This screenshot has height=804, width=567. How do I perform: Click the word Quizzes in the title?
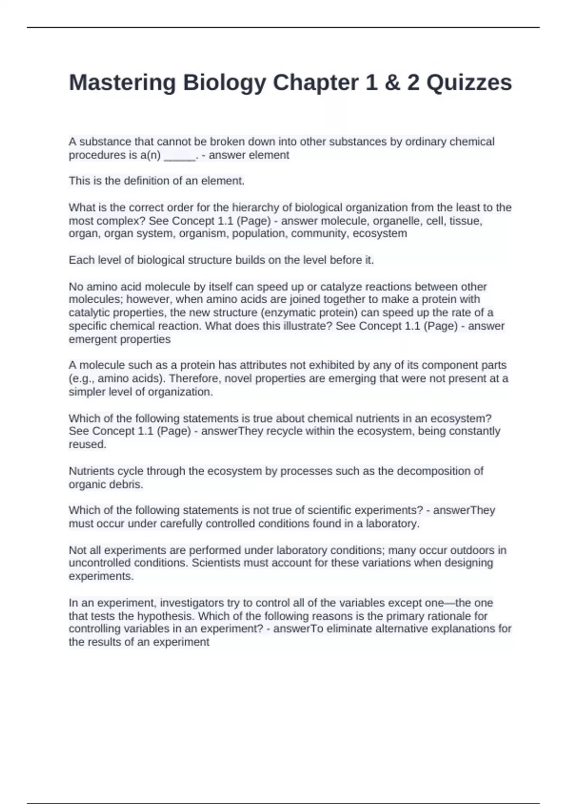[469, 82]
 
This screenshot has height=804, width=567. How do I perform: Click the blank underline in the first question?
[180, 156]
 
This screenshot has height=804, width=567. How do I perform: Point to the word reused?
[87, 445]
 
